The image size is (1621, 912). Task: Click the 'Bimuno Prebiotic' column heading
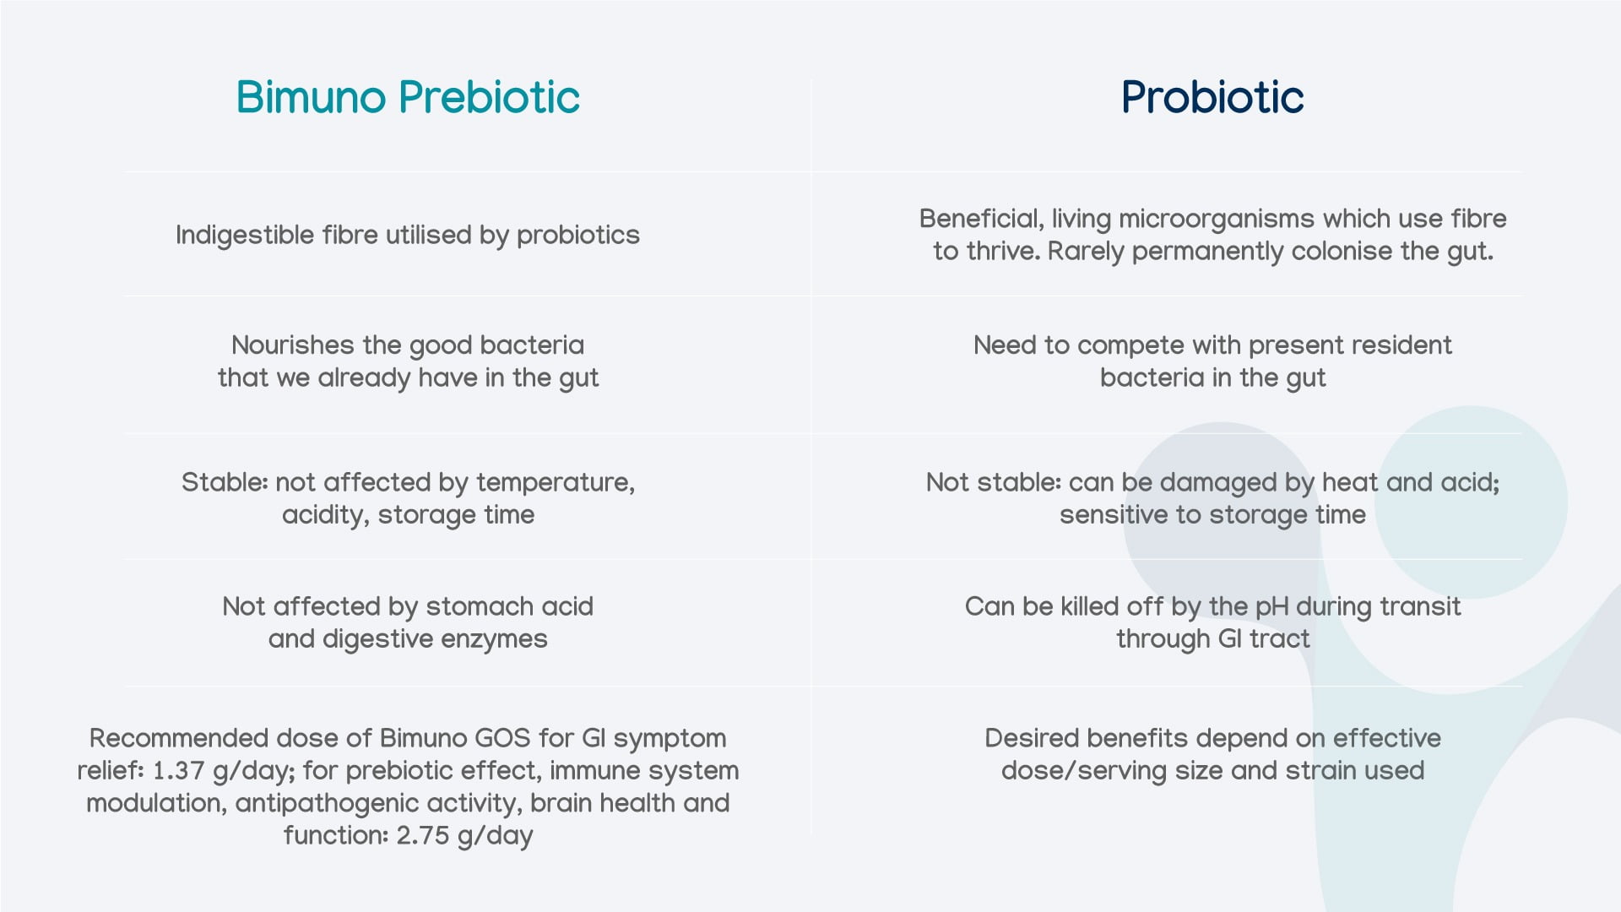tap(408, 97)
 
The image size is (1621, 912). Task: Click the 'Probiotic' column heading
tap(1212, 97)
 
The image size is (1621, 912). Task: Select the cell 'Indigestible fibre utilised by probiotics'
tap(408, 235)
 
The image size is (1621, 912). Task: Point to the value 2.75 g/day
tap(465, 836)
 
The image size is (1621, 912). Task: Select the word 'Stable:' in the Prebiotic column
tap(225, 482)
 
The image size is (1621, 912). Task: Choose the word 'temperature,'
tap(556, 483)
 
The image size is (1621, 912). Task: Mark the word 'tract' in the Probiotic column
tap(1280, 639)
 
